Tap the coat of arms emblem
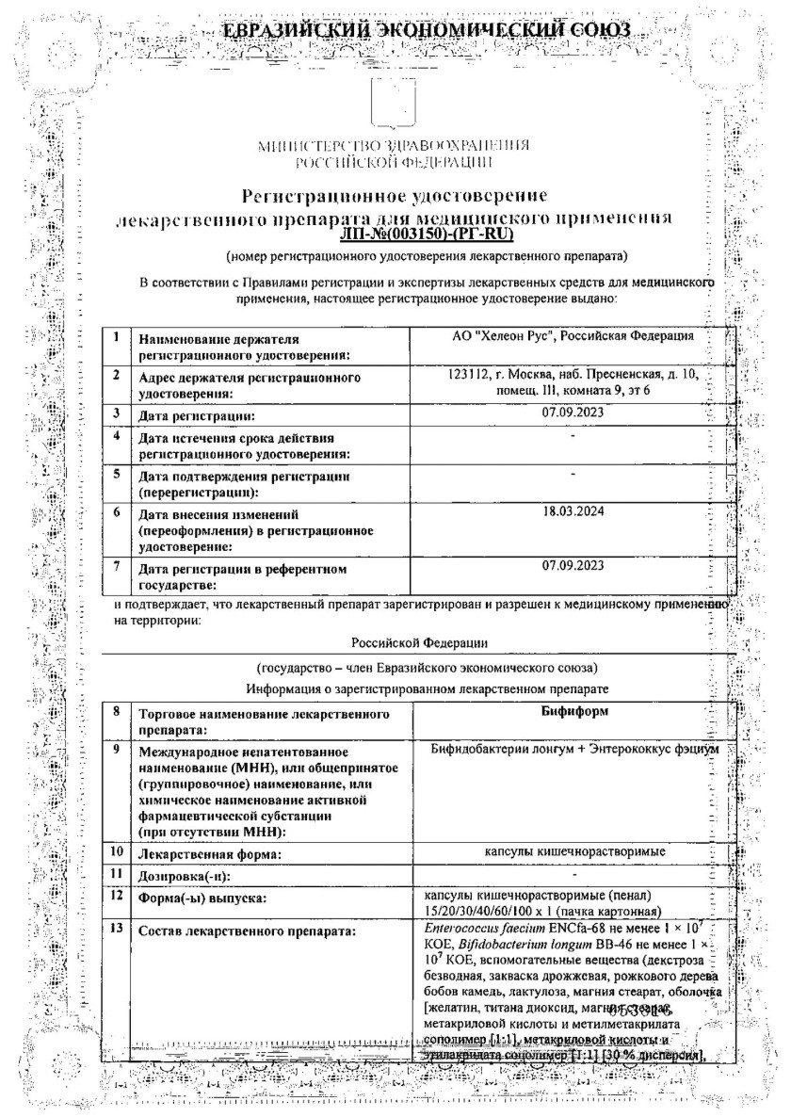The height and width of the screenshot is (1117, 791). tap(395, 105)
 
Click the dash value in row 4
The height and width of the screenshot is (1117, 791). tap(573, 436)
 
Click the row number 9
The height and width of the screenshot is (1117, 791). tap(116, 749)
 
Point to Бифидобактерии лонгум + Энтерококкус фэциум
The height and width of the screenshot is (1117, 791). tap(573, 748)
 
